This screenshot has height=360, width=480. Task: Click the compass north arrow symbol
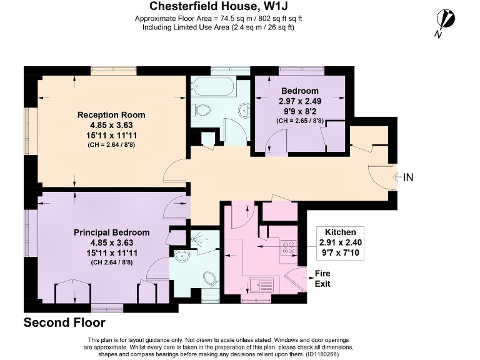[446, 21]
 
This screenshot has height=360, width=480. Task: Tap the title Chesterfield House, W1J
[219, 6]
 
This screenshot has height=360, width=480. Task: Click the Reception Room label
[111, 115]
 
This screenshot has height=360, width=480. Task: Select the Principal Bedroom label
[112, 232]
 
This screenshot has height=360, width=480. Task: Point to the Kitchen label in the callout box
[341, 232]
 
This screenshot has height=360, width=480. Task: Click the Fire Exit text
[322, 279]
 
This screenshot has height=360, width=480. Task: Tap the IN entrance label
[408, 177]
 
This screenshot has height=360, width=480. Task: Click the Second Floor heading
[64, 322]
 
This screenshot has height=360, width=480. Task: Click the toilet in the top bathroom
[201, 109]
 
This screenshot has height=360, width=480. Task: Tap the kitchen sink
[261, 285]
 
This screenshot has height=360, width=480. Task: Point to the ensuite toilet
[211, 279]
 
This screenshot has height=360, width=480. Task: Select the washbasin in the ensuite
[182, 256]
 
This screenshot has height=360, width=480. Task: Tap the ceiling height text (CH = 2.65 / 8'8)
[300, 121]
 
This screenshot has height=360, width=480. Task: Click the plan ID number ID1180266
[322, 354]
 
